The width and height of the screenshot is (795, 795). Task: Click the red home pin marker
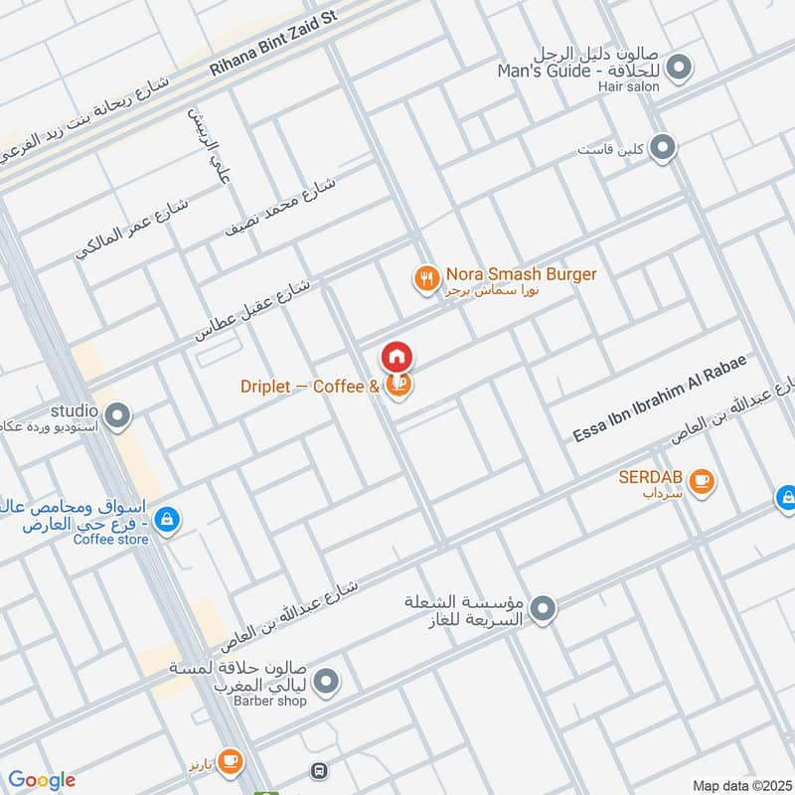point(397,357)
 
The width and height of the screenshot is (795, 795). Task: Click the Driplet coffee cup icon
point(397,387)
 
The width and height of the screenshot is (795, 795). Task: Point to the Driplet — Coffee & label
point(310,387)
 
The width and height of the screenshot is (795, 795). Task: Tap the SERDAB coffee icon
point(703,481)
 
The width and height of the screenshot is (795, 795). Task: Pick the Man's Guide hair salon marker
point(680,69)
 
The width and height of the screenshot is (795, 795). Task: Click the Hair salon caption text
point(629,86)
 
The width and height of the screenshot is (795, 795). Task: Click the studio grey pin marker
point(118,416)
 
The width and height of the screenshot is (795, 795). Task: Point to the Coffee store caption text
point(110,540)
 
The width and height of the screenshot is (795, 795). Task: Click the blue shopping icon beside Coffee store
point(167,519)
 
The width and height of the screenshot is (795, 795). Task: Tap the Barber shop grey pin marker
point(326,681)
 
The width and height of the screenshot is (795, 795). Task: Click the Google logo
point(43,780)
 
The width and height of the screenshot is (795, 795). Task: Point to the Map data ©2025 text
point(740,786)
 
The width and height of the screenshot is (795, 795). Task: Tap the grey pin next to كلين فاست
point(665,148)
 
